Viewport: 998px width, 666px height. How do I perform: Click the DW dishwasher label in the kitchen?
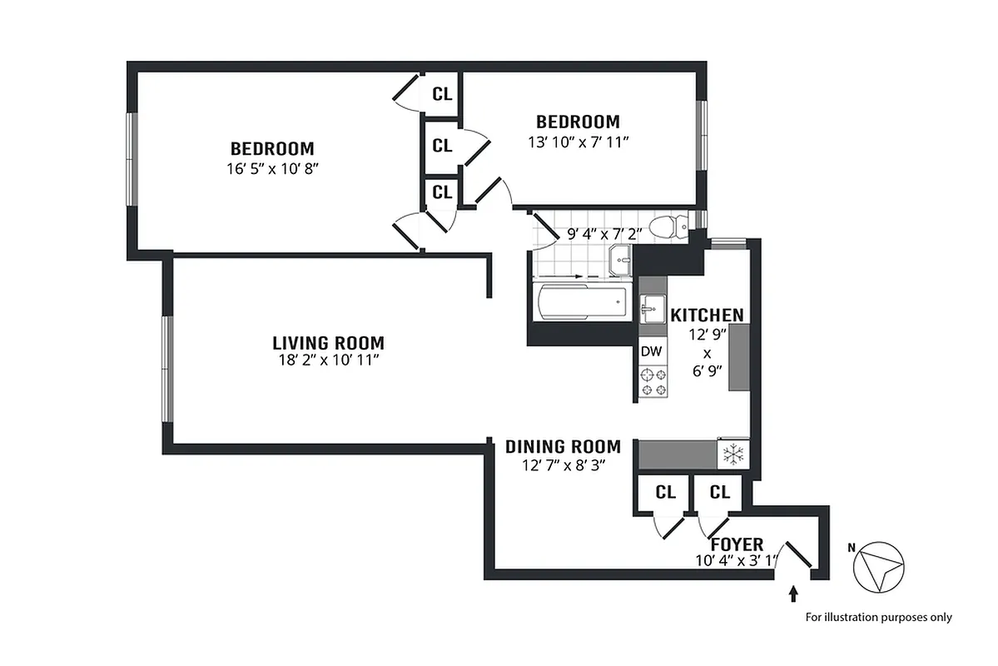651,351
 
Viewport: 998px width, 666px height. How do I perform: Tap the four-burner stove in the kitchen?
652,381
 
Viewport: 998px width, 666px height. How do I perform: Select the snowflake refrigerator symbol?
733,455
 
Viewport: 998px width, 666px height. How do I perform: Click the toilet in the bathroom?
668,226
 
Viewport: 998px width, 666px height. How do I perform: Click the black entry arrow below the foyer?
793,594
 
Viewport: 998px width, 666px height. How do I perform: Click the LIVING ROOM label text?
328,343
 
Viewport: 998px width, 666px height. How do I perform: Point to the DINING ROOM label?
563,447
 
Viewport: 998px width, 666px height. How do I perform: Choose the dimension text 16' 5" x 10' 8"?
272,167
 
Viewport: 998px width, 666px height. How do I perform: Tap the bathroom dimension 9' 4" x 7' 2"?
603,235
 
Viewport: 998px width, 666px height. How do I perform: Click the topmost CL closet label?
442,94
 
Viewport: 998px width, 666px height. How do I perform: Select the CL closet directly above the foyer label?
719,492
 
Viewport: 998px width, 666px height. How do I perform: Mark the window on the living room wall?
166,369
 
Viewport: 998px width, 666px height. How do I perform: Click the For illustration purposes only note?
878,618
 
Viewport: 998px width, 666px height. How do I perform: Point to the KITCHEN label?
707,316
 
